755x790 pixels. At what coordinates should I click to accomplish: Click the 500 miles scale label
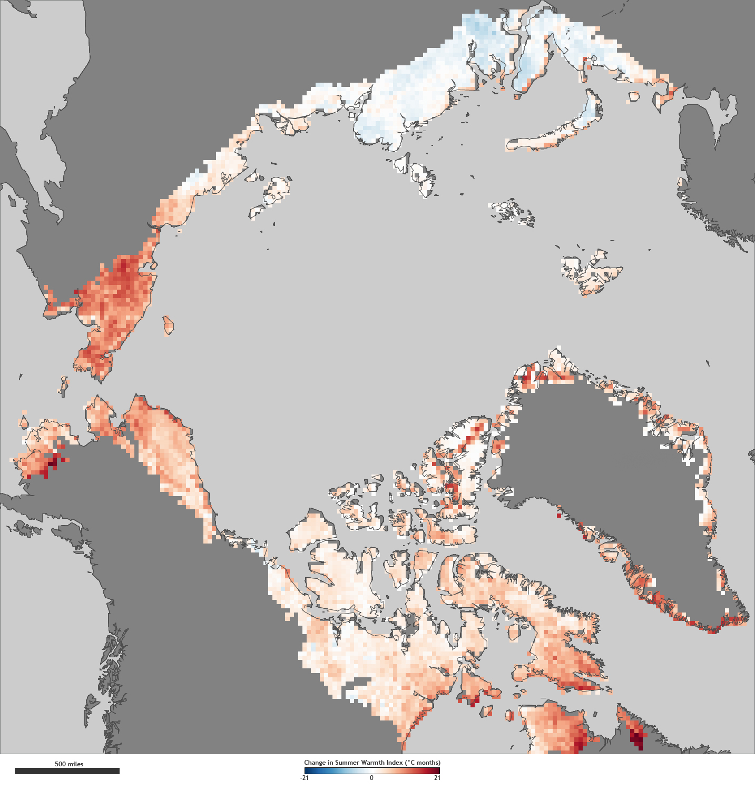point(69,764)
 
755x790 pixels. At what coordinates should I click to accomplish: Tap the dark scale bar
point(67,771)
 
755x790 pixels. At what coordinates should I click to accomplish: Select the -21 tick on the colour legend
point(305,778)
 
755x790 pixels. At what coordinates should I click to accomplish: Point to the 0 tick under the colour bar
point(371,778)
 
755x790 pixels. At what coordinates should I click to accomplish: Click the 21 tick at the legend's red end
point(437,778)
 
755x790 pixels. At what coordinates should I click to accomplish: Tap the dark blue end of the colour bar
point(307,771)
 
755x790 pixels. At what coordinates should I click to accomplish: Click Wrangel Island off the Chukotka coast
point(169,325)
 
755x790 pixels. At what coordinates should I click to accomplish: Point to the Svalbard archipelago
point(590,271)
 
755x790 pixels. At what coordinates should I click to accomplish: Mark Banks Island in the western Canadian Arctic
point(311,532)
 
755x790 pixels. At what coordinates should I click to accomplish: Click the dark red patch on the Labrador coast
point(638,737)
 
